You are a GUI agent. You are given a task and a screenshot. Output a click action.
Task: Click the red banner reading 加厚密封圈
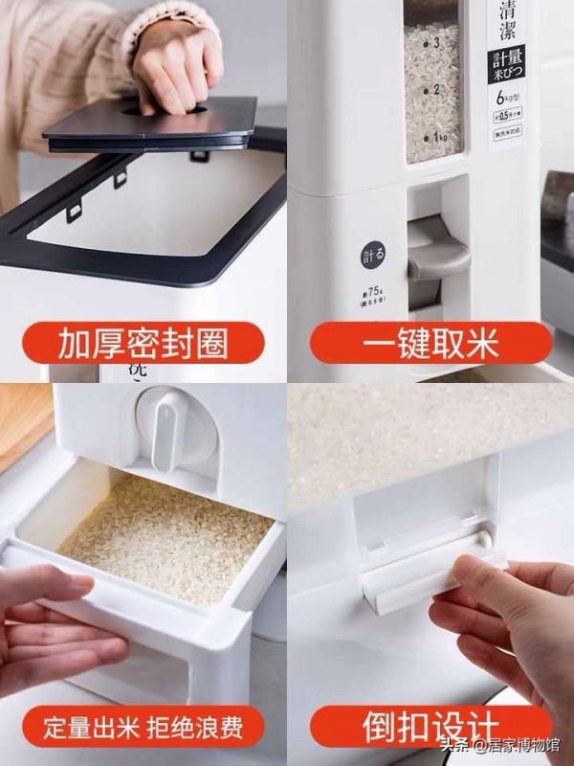tap(143, 342)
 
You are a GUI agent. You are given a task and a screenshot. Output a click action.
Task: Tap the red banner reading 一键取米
tap(430, 342)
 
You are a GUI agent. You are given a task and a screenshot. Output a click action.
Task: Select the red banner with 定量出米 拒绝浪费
tap(143, 725)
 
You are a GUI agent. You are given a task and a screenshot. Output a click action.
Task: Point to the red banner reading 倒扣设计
tap(430, 725)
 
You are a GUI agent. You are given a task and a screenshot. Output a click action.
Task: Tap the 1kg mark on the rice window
tap(439, 138)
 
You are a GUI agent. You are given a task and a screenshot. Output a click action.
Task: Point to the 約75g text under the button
tap(372, 295)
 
